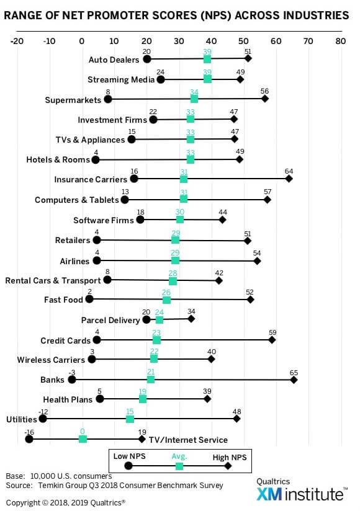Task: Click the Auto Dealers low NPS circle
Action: tap(147, 60)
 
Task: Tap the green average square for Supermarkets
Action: tap(194, 99)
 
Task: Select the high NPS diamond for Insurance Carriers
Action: tap(289, 179)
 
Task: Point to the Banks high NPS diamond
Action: tap(294, 380)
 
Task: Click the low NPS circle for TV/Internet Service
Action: tap(29, 439)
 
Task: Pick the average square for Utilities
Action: tap(130, 419)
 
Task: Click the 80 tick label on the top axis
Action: tap(340, 41)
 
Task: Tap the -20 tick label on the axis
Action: tap(17, 41)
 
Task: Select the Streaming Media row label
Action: tap(121, 80)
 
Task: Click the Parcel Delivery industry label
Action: tap(110, 321)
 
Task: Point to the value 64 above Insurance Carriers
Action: tap(289, 171)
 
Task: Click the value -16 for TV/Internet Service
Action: tap(29, 432)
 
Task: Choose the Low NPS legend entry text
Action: tap(130, 456)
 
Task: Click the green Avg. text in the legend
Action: tap(179, 456)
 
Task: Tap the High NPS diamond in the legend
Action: tap(228, 466)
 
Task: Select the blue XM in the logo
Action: tap(269, 494)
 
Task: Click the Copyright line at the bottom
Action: tap(66, 503)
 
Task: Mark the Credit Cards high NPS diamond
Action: tap(272, 340)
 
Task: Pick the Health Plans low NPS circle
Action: tap(100, 399)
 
